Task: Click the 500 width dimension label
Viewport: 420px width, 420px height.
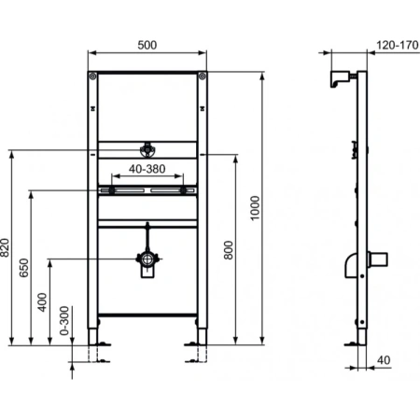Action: click(147, 44)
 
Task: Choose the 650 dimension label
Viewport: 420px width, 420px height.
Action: click(24, 267)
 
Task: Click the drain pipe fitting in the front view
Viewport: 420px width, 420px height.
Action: click(147, 264)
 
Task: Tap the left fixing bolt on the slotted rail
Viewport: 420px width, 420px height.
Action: click(112, 190)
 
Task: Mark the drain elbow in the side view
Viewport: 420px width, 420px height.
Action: click(349, 264)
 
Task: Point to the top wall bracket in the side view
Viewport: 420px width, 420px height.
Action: click(341, 78)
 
